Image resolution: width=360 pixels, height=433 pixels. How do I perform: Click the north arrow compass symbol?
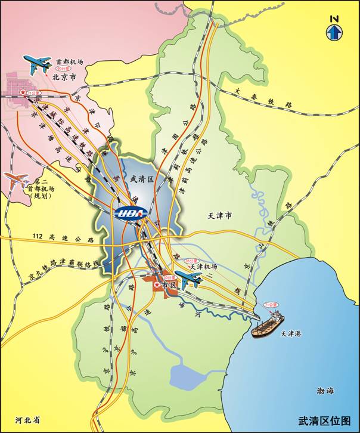click(334, 29)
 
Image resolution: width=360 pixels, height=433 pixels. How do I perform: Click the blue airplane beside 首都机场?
click(38, 63)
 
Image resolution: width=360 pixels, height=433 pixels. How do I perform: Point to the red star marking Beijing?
click(23, 94)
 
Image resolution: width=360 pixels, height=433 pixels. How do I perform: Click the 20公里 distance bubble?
click(72, 70)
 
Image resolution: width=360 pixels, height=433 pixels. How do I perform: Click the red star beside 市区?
click(157, 286)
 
